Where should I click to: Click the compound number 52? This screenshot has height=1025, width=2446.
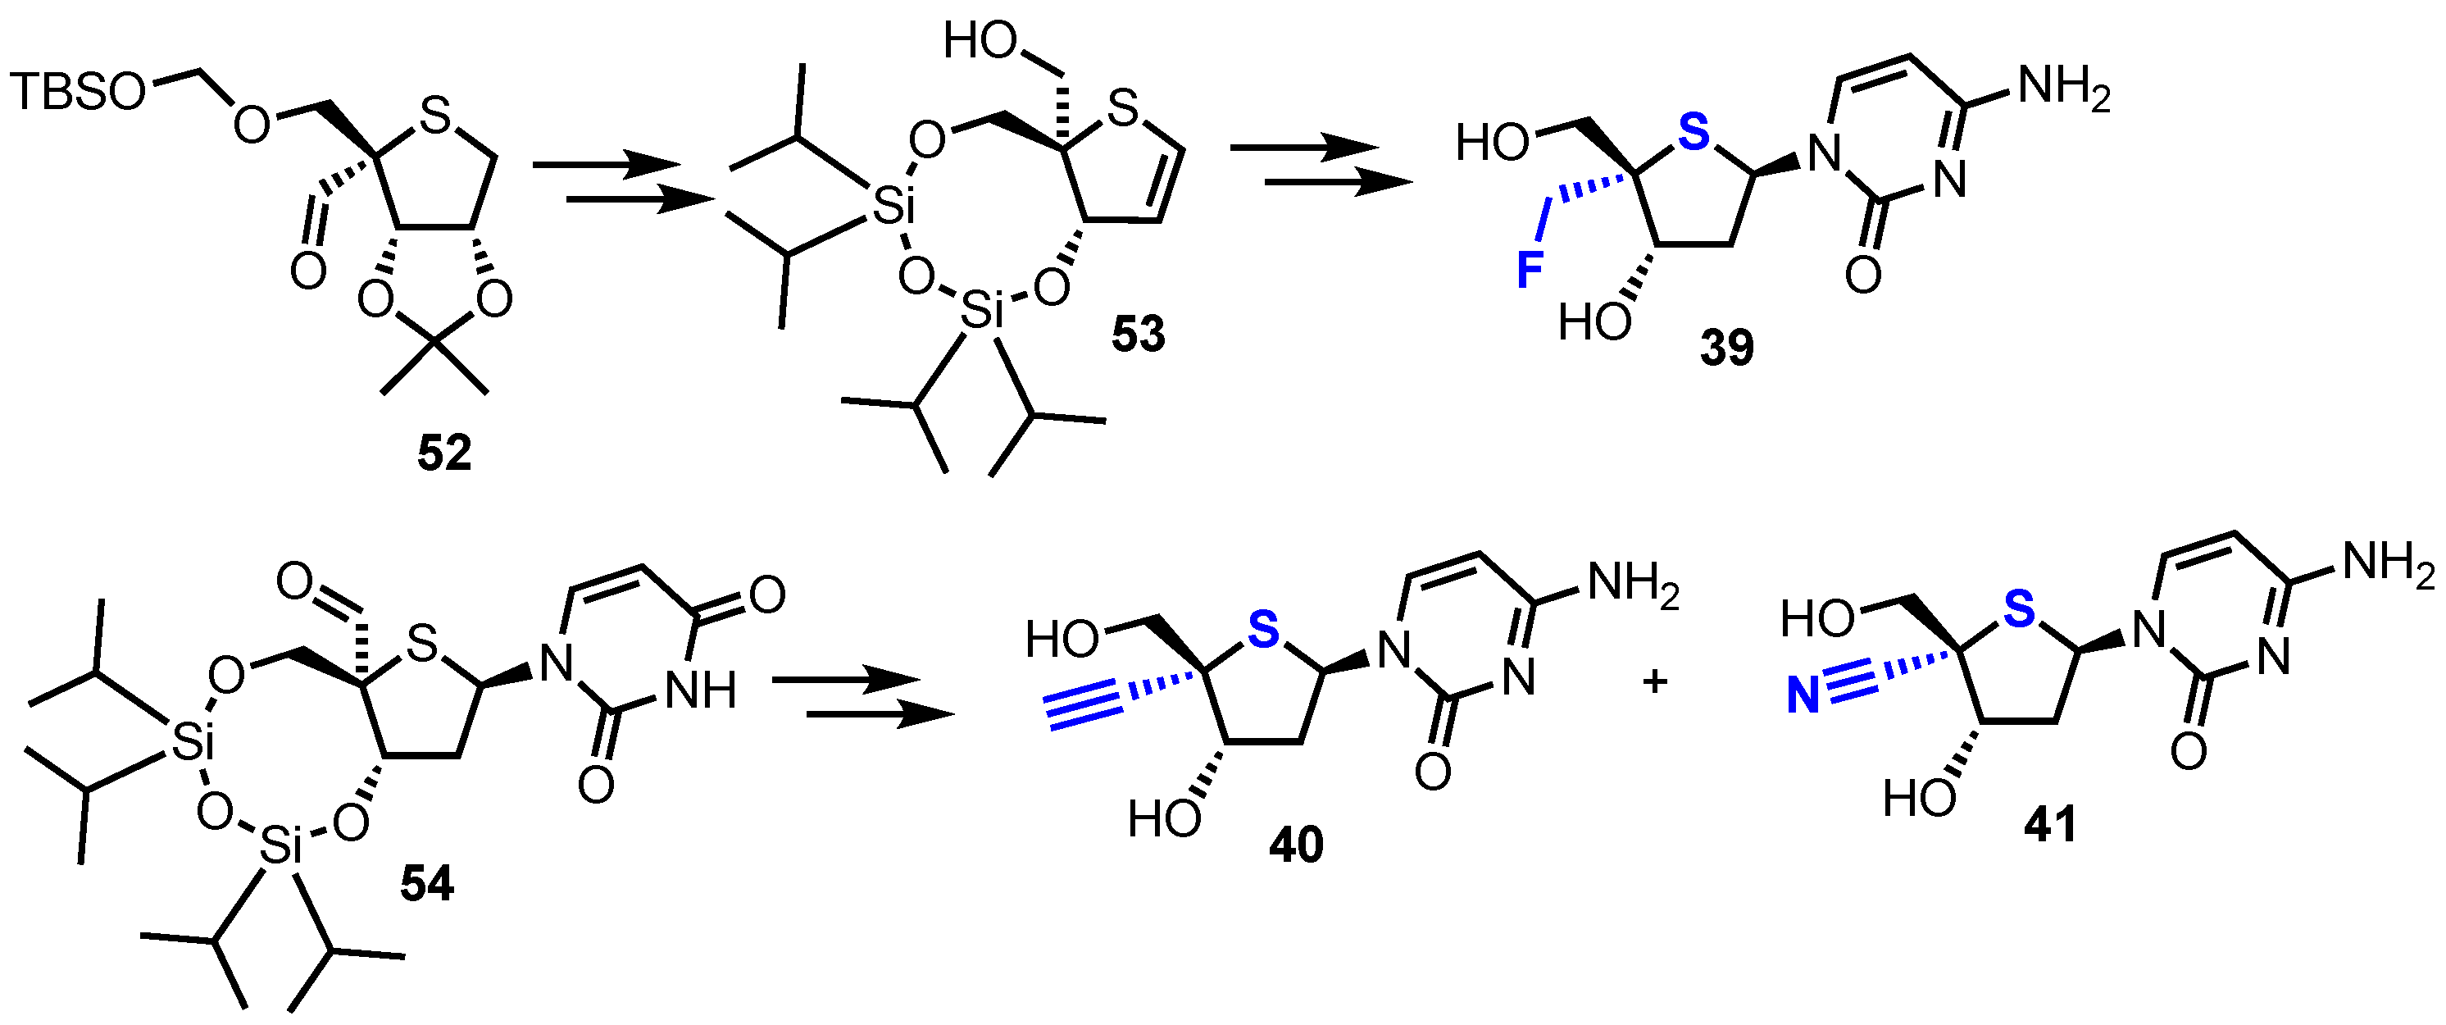click(444, 454)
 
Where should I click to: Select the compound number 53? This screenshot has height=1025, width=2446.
click(1138, 335)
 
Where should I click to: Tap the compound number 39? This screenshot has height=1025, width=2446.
click(1727, 348)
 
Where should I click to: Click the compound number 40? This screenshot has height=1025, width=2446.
click(1296, 844)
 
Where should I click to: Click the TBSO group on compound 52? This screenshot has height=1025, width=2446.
click(80, 92)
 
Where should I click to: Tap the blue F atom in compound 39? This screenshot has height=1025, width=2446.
click(1530, 271)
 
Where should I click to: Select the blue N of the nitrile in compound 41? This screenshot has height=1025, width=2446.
click(1803, 696)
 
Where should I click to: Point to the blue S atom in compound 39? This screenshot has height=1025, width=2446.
click(1693, 133)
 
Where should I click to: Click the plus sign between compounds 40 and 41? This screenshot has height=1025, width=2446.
click(1655, 681)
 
